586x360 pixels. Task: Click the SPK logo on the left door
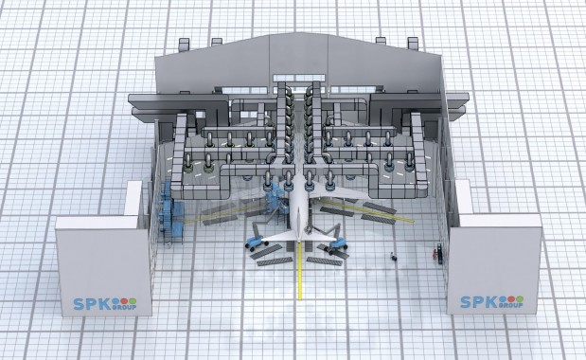point(105,303)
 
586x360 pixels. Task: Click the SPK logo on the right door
point(492,301)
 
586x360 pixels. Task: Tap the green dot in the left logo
point(133,301)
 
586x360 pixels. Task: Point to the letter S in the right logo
point(466,302)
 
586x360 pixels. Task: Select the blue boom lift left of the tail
point(257,236)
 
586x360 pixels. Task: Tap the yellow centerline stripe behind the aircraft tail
point(299,271)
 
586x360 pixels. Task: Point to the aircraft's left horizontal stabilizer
point(279,236)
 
